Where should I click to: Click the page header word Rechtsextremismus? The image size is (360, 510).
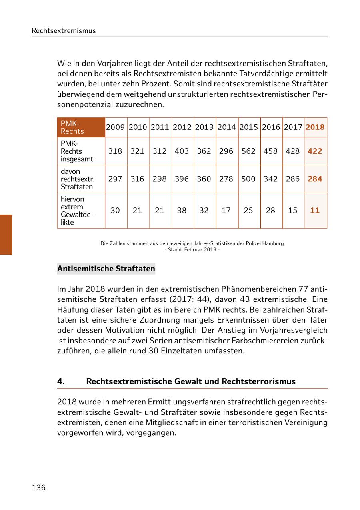click(x=64, y=30)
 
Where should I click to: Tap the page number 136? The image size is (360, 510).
click(x=39, y=488)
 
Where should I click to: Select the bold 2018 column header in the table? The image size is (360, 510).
click(x=315, y=127)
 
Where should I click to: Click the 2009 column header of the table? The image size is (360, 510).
click(x=115, y=127)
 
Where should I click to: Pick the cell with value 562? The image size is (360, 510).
click(x=248, y=151)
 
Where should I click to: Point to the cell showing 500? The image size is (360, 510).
click(x=248, y=179)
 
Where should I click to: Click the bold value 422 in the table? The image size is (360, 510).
click(x=315, y=151)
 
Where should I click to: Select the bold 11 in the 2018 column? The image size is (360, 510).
click(x=315, y=210)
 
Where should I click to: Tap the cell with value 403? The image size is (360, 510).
click(x=182, y=151)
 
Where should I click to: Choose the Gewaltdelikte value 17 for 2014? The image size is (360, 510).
click(x=226, y=210)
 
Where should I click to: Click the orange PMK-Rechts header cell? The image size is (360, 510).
click(x=81, y=127)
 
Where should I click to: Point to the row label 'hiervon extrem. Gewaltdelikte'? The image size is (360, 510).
click(x=77, y=211)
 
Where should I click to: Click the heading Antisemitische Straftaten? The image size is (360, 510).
click(x=106, y=269)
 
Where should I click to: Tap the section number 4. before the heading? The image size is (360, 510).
click(x=61, y=381)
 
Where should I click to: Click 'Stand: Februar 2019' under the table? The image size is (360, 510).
click(x=192, y=250)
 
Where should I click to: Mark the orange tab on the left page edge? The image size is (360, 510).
click(x=6, y=235)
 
